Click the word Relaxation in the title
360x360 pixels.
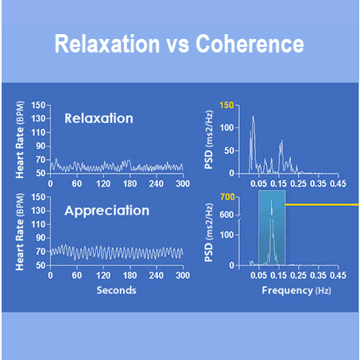106,45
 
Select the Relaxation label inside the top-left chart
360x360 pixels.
99,119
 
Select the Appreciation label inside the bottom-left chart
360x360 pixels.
107,211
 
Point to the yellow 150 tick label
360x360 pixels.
226,105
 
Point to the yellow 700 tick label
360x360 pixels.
227,196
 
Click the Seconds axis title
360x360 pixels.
116,289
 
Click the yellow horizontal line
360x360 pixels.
322,204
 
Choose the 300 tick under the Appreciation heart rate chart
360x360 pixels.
182,275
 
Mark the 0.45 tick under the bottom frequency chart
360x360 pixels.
339,275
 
